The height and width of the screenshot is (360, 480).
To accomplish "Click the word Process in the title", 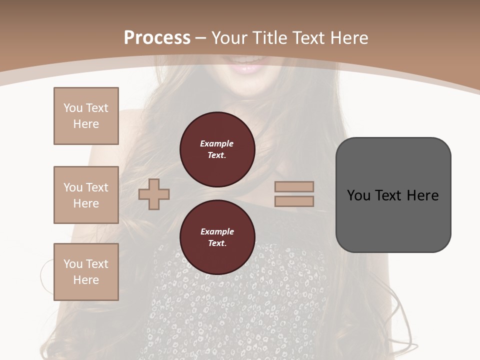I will [x=157, y=38].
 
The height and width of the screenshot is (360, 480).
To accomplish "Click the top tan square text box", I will [x=86, y=116].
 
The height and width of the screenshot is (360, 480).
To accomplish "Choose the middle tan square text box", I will [x=86, y=195].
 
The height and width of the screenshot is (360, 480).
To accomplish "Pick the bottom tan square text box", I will [x=86, y=272].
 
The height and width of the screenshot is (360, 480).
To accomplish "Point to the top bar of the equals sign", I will [x=294, y=187].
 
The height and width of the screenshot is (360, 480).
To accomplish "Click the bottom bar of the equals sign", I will [x=294, y=201].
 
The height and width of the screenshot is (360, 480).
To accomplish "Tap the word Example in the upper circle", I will [x=217, y=144].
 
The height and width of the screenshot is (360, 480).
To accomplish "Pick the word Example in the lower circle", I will [x=217, y=232].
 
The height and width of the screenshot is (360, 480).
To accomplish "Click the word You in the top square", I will [x=72, y=108].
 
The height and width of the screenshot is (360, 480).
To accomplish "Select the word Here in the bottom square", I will [x=86, y=280].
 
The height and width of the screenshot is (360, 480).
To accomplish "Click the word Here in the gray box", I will [x=422, y=195].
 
